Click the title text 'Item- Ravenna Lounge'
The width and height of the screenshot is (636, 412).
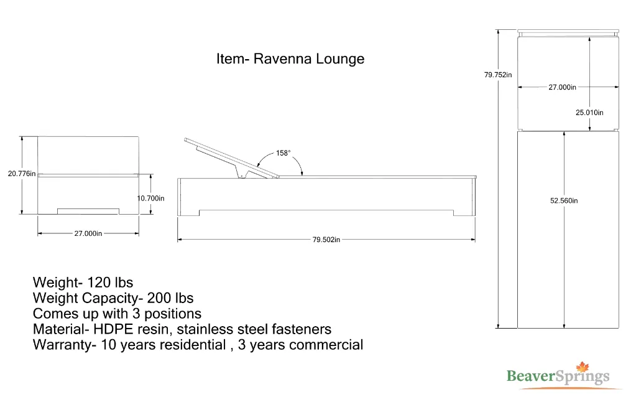coord(290,59)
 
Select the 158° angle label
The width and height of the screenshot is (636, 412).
coord(283,153)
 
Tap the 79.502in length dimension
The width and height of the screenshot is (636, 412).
coord(326,240)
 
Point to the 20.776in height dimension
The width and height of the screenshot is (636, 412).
coord(22,174)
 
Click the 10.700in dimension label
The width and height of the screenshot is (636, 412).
coord(150,199)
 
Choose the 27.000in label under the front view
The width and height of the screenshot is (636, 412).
coord(88,233)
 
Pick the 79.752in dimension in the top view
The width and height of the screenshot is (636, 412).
coord(498,75)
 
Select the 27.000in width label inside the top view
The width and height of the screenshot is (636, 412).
coord(562,88)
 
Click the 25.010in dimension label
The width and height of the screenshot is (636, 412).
coord(589,113)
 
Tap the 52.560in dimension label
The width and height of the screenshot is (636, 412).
coord(564,200)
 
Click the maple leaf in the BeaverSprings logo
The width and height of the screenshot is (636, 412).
coord(583,367)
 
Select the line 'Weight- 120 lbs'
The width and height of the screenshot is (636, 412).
coord(83,283)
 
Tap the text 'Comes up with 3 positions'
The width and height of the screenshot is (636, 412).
coord(117,314)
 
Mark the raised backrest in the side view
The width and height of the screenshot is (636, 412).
coord(224,155)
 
